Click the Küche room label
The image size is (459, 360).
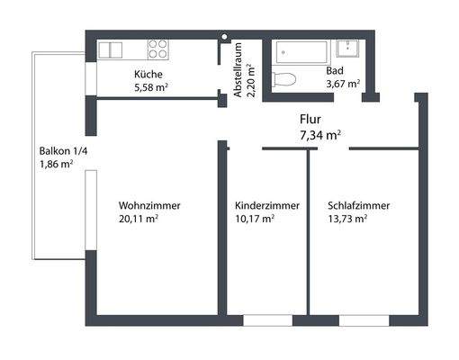click(x=149, y=75)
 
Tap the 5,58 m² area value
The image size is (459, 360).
click(x=151, y=87)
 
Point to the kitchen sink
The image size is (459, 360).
click(x=112, y=49)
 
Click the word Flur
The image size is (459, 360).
click(x=310, y=119)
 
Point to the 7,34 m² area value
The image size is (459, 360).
click(x=319, y=135)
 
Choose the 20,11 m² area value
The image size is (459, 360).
click(x=139, y=218)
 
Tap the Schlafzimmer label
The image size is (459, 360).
click(x=359, y=205)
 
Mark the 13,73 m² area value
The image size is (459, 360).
click(x=348, y=218)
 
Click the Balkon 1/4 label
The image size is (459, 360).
click(x=62, y=150)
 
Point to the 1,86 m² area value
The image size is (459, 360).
click(x=56, y=165)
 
